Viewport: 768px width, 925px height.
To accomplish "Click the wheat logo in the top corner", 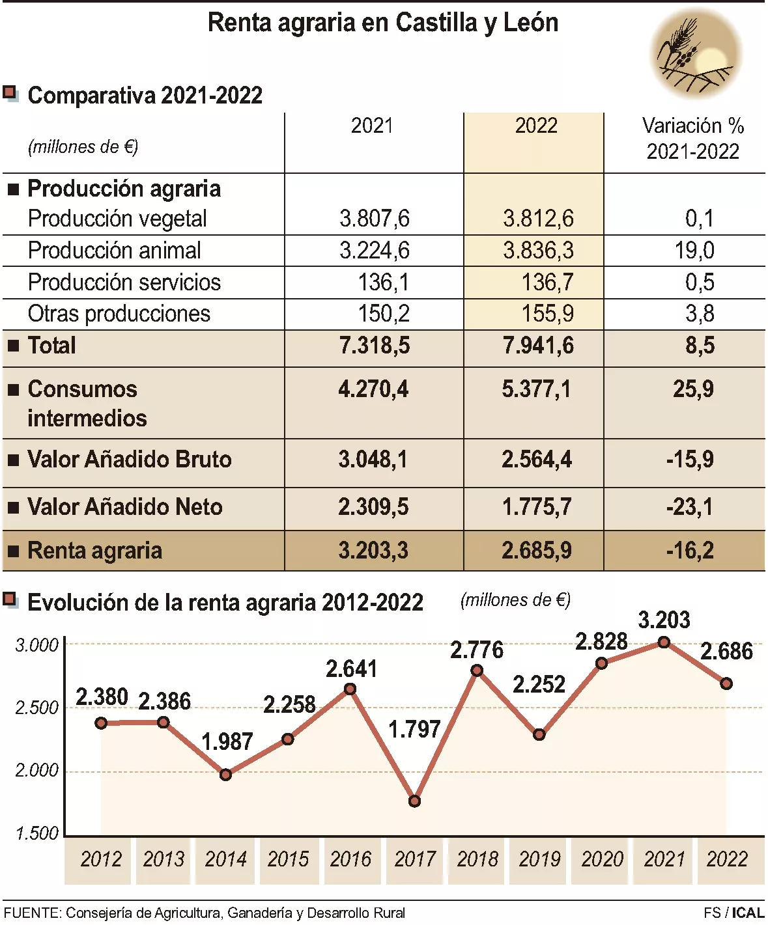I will click(695, 53).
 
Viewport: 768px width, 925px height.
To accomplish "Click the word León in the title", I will click(530, 23).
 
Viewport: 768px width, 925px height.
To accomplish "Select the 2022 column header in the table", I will click(536, 126).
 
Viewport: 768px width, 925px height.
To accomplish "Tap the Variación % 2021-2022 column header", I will click(692, 139).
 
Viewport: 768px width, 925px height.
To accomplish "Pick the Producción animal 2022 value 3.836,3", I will click(538, 251).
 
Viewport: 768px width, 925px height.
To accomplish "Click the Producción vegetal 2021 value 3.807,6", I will click(375, 219).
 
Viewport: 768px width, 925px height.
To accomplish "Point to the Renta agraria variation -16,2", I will click(690, 551).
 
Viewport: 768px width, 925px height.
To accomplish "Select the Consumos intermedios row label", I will click(87, 404).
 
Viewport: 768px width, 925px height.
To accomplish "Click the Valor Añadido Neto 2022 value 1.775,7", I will click(537, 507).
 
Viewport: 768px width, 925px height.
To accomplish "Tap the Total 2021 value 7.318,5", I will click(375, 346).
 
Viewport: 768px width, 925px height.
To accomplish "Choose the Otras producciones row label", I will click(119, 314).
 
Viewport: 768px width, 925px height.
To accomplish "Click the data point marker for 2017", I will click(414, 801).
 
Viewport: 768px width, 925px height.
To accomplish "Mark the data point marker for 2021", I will click(664, 642).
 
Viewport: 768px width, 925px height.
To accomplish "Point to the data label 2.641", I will click(351, 669).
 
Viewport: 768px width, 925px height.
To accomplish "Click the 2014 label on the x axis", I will click(225, 859).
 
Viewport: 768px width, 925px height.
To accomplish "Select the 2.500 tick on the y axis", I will click(37, 708).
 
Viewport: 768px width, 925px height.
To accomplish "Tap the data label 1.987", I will click(227, 741).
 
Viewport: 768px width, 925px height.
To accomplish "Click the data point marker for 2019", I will click(539, 735).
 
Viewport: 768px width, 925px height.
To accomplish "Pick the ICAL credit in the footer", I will click(748, 913).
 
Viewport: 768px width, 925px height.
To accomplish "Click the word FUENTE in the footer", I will click(31, 913).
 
